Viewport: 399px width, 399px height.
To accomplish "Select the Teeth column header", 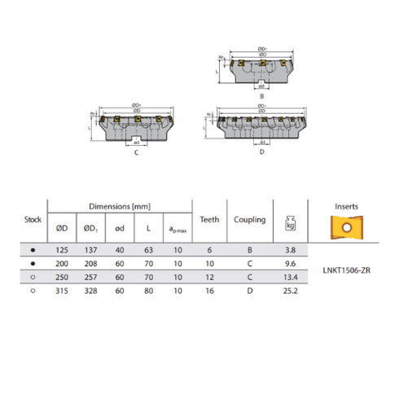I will (x=209, y=219).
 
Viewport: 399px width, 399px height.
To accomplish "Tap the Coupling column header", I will (x=250, y=219).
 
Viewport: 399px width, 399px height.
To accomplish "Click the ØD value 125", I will (x=62, y=251).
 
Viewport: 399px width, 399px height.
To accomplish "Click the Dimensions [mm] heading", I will (x=120, y=207).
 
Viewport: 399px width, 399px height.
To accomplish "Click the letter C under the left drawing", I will (x=134, y=152).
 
